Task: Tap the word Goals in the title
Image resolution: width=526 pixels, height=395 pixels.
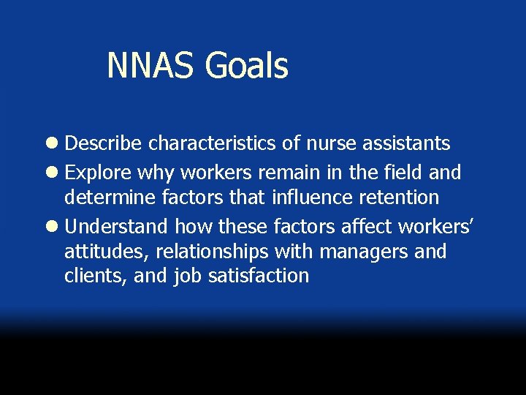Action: click(247, 66)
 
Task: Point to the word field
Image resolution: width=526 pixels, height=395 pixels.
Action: click(397, 173)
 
